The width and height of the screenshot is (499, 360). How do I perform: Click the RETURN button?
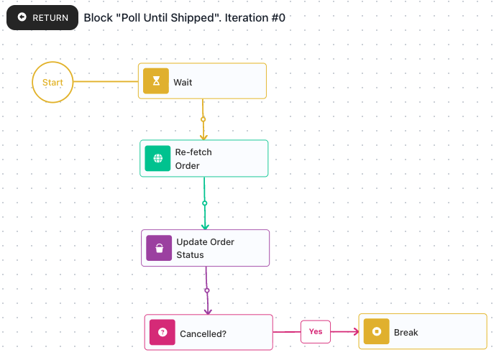pos(42,17)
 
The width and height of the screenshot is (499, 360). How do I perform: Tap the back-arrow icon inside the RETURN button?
pos(22,17)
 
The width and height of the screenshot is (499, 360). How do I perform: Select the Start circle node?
pos(52,82)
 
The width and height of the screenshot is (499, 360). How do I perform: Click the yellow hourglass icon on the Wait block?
pos(156,80)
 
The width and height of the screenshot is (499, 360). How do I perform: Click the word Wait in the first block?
pos(183,83)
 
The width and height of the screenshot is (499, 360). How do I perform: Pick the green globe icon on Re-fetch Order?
pos(158,158)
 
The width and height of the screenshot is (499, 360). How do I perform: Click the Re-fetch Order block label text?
pos(193,159)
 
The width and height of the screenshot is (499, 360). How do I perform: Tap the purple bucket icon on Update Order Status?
pos(159,248)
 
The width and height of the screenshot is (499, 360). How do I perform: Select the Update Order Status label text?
pos(205,248)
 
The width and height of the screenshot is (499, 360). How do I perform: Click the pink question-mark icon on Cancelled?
pos(162,332)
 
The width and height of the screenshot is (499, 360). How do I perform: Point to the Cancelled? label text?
pos(203,334)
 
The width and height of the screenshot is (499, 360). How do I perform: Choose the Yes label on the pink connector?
pos(316,332)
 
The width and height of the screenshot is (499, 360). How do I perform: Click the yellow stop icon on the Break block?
pos(377,331)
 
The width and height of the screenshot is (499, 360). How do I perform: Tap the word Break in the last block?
pos(406,332)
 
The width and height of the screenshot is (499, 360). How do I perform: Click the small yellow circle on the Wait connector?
pos(203,119)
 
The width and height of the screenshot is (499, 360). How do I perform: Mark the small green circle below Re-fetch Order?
pos(205,203)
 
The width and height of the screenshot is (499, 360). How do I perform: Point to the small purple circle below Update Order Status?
pos(207,290)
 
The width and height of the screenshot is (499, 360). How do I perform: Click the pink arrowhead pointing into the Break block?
pos(356,332)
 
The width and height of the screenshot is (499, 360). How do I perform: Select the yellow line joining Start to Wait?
pos(106,81)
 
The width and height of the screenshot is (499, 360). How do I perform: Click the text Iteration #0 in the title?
pos(255,18)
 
